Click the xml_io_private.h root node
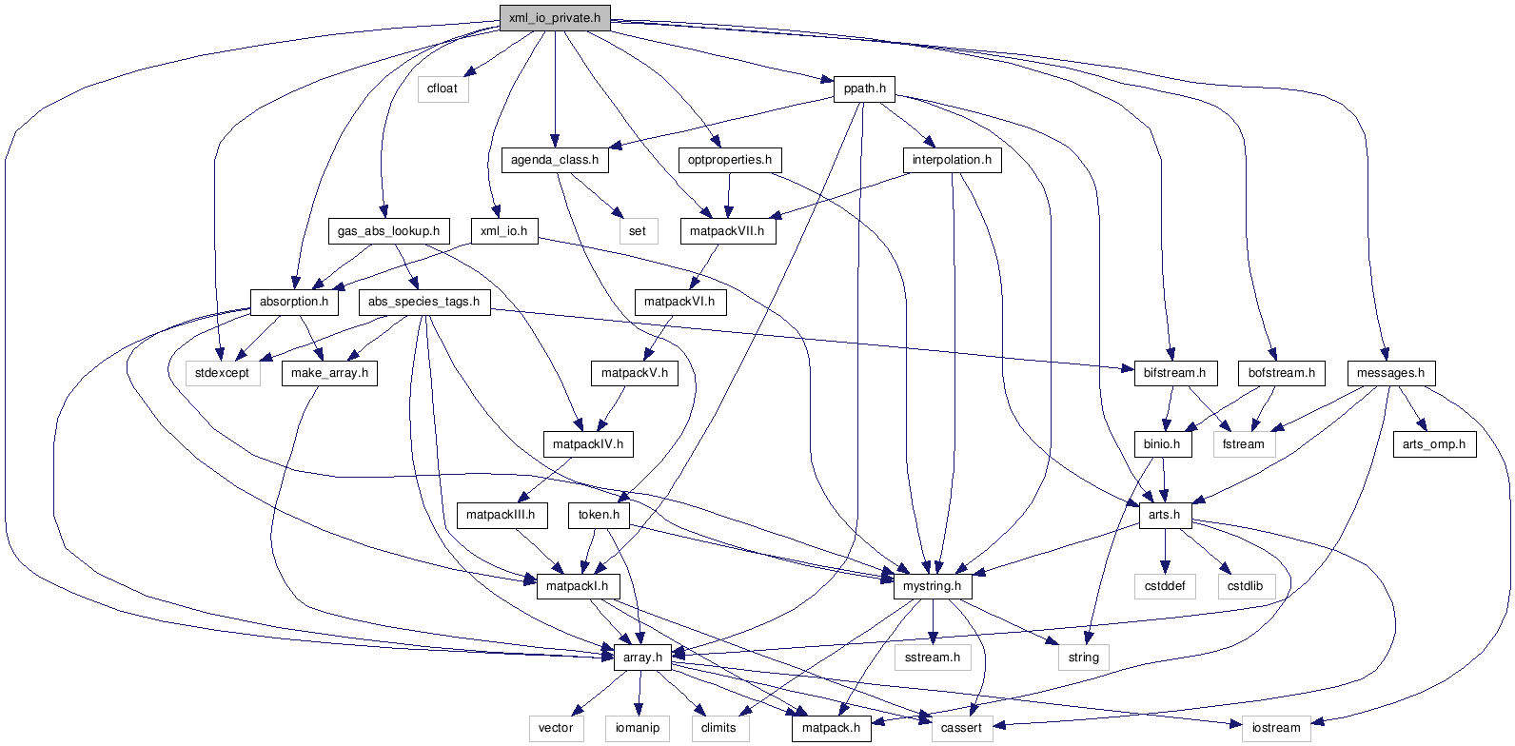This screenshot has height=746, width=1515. click(x=555, y=18)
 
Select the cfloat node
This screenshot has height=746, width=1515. click(x=443, y=88)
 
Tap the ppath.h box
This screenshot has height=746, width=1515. click(x=864, y=88)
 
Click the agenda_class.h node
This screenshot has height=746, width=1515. click(x=555, y=160)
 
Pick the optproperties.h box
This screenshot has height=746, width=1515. click(x=730, y=160)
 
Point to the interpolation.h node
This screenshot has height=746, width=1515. click(x=952, y=160)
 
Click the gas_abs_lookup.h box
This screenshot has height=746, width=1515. click(x=388, y=231)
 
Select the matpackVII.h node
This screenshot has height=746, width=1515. click(x=727, y=231)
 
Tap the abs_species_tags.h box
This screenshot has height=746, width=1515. click(x=423, y=302)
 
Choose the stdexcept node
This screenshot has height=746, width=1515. click(x=222, y=373)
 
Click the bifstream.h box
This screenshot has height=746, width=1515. click(x=1174, y=373)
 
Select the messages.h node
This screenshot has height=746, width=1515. click(x=1390, y=373)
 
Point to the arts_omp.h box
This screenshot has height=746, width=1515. click(x=1434, y=444)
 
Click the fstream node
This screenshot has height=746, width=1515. click(x=1244, y=444)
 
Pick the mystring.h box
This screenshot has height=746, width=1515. click(x=932, y=586)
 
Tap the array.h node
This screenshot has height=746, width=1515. click(x=642, y=658)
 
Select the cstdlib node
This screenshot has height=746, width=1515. click(x=1245, y=586)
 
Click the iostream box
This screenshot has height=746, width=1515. click(x=1276, y=728)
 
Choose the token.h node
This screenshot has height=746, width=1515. click(x=599, y=515)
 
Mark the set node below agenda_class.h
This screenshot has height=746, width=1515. click(x=638, y=231)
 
